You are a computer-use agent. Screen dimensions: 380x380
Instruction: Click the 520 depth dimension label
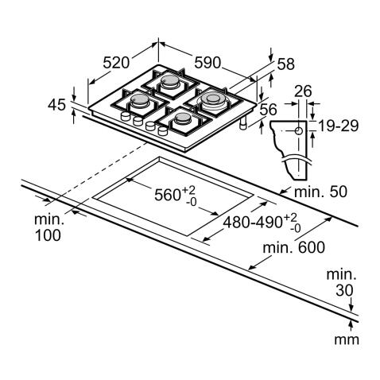tap(116, 63)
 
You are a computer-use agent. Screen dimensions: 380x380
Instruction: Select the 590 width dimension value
tap(207, 63)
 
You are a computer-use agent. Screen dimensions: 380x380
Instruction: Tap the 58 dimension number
tap(286, 64)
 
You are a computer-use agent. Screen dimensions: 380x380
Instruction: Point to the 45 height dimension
tap(56, 105)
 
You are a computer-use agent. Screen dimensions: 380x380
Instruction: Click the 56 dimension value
tap(268, 110)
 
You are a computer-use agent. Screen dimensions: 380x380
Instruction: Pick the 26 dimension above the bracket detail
tap(303, 91)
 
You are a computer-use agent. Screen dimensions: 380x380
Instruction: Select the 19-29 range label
tap(338, 126)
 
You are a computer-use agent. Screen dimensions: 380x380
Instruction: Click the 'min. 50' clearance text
tap(320, 192)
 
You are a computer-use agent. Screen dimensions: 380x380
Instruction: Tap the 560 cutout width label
tap(175, 195)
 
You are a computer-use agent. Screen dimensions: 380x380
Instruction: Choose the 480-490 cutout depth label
tap(262, 223)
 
